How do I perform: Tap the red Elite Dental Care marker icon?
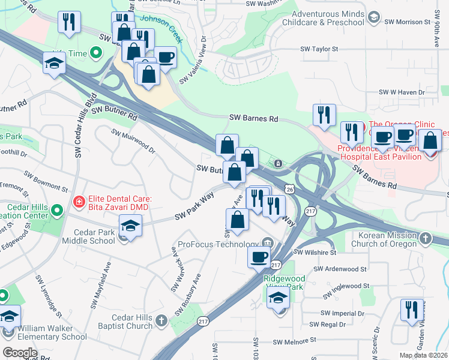tap(77, 202)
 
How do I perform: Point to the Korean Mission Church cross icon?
tap(425, 238)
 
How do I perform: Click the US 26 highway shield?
tap(291, 190)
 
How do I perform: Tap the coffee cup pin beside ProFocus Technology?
tap(259, 257)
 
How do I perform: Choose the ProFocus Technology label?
tap(218, 244)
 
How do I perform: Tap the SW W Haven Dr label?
tap(402, 93)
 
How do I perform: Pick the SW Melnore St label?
tap(294, 341)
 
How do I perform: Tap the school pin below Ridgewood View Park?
tap(279, 299)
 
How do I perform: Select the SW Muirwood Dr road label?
tap(133, 140)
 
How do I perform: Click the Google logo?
tap(20, 352)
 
